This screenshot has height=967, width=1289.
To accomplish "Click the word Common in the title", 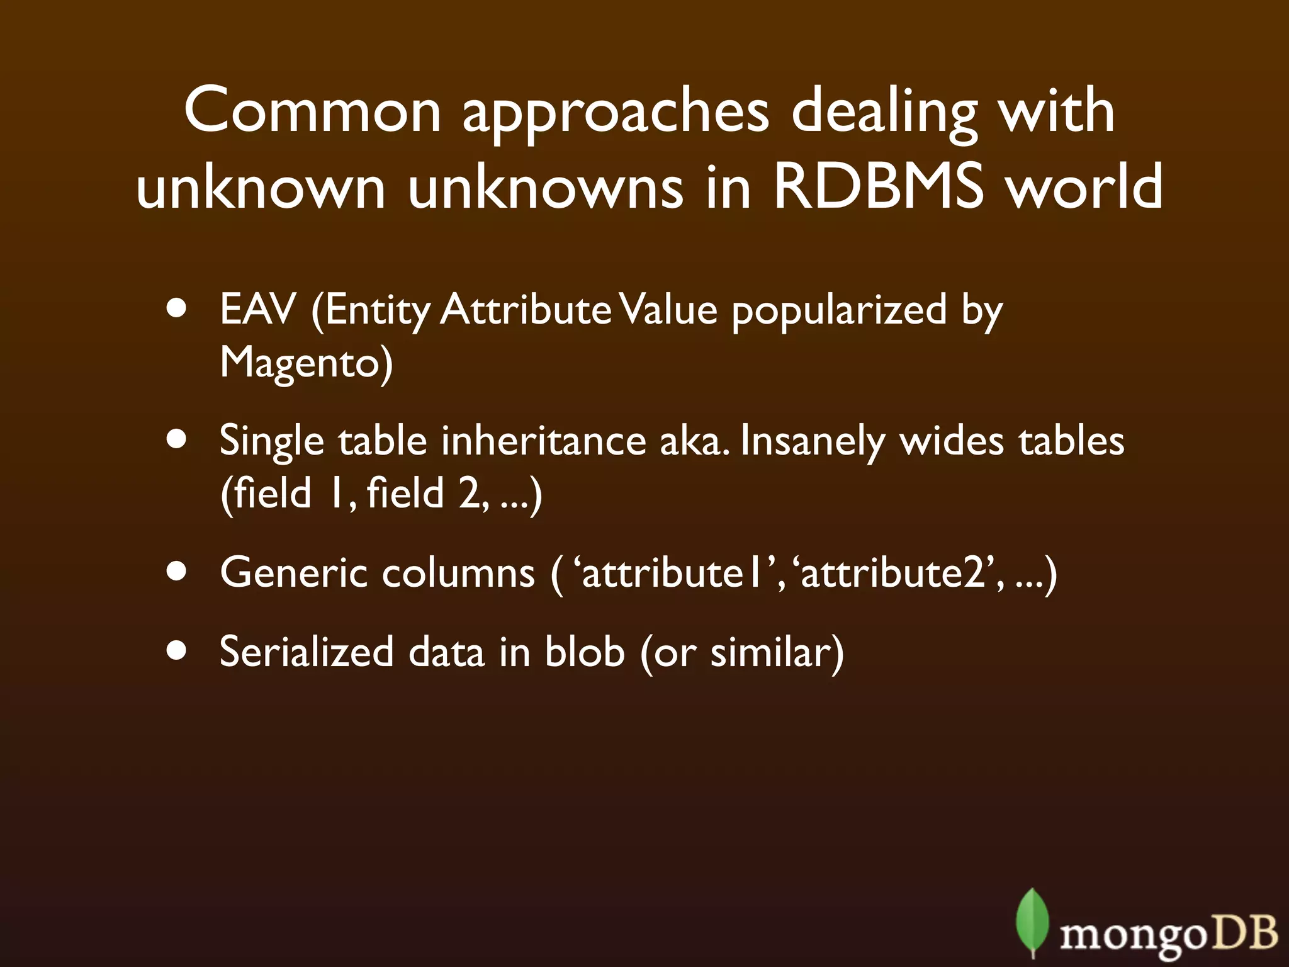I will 313,111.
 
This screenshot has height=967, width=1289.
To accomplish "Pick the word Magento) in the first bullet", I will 306,363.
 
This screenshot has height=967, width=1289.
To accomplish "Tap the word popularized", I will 839,311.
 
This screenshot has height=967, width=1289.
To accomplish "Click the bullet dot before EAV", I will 177,310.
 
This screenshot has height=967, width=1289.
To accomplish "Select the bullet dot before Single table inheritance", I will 177,441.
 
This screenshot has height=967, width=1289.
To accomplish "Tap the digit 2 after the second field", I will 470,493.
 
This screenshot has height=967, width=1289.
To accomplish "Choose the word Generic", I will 293,573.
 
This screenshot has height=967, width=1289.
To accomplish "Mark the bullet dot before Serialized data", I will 177,652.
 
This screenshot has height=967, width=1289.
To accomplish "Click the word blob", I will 584,652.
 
